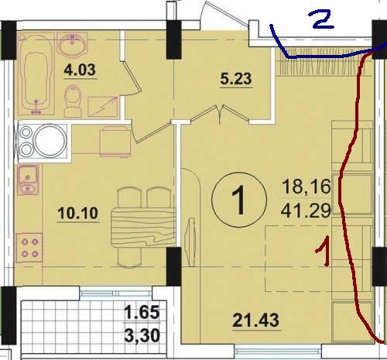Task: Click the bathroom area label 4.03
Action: pos(80,70)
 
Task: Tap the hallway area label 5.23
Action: pos(236,79)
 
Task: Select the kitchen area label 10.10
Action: pos(78,213)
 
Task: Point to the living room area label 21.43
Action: pos(256,321)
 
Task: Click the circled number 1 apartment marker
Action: pos(239,200)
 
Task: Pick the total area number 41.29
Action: pos(306,211)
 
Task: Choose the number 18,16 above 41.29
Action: pos(307,187)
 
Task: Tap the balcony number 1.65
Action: pos(142,312)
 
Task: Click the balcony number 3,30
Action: pos(142,336)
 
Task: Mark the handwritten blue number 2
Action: pos(323,21)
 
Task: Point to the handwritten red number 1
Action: pos(324,250)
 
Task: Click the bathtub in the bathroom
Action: pos(36,74)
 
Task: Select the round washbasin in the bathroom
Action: pos(72,44)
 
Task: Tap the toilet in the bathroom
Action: pos(74,101)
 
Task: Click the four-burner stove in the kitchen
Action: pos(29,248)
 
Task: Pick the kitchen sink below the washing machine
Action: pos(28,180)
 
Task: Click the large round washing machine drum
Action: pos(50,141)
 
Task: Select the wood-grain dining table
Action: pos(143,228)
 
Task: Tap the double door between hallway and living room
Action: pos(220,115)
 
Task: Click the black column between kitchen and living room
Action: pos(173,266)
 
